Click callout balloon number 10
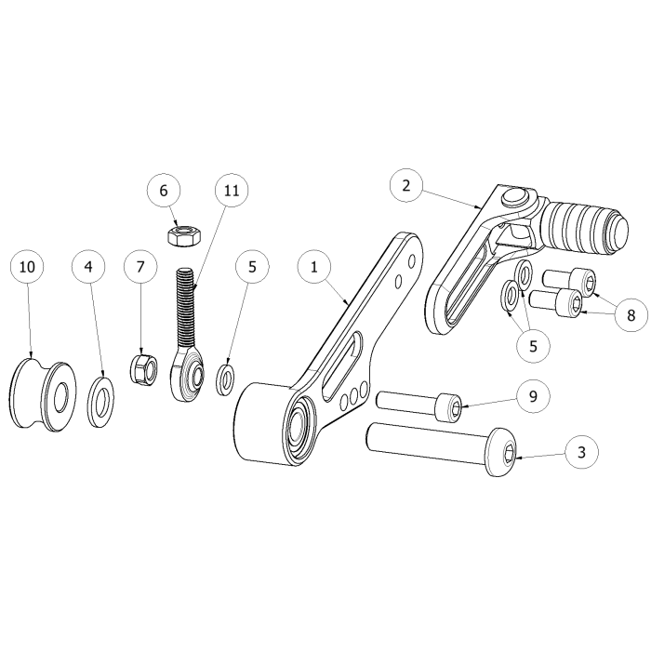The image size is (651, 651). (x=28, y=268)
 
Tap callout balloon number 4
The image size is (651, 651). (x=89, y=268)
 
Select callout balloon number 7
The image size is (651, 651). (x=140, y=268)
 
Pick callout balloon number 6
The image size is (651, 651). (x=164, y=191)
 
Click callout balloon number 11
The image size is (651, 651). (x=232, y=191)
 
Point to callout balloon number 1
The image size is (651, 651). (x=314, y=268)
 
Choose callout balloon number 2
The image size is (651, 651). (x=406, y=185)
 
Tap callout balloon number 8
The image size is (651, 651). (x=631, y=314)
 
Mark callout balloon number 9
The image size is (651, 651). (x=533, y=397)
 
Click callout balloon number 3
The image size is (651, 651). (x=581, y=454)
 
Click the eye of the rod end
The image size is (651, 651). (x=195, y=374)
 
